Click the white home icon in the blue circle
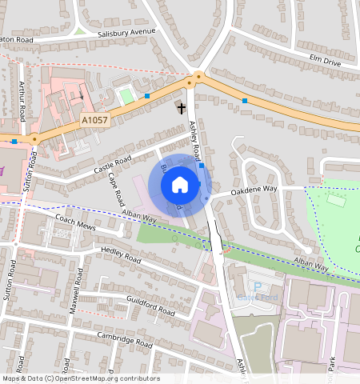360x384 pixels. tap(180, 185)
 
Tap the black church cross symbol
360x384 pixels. tap(182, 106)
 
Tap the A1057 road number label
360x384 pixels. tap(94, 120)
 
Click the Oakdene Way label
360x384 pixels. tap(254, 192)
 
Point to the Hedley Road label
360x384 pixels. tap(121, 255)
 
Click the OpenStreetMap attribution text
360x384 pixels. tap(81, 378)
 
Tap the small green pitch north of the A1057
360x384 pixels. tap(125, 97)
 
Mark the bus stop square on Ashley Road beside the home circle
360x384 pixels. tap(202, 166)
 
